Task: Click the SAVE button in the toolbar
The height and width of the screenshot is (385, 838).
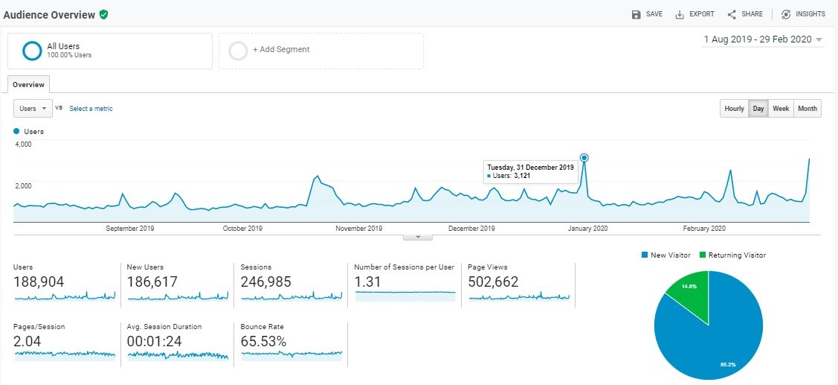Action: point(647,14)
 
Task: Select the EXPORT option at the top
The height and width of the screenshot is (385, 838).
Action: point(694,14)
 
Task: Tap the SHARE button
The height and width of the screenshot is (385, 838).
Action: point(745,14)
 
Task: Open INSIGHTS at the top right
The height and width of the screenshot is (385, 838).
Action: point(803,14)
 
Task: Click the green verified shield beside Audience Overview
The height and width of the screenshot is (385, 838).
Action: point(103,14)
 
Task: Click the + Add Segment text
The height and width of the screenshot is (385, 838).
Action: point(281,49)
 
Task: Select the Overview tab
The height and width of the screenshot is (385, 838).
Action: point(28,85)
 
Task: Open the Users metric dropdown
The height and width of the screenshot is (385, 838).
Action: point(33,108)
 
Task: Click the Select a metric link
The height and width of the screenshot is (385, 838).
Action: point(91,108)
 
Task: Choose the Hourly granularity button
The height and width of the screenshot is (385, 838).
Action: point(735,108)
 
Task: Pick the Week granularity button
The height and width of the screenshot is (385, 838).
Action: point(781,108)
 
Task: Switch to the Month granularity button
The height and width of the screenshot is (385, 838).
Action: point(808,108)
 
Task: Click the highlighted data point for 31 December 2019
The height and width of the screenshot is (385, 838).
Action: point(584,157)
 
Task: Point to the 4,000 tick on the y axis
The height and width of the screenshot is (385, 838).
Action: point(23,144)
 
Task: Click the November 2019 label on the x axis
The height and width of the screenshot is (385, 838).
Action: point(358,229)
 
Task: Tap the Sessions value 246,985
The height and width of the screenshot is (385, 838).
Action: point(265,281)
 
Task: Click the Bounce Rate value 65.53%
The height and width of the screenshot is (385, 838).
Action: point(263,341)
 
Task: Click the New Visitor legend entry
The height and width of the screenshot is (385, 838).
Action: point(666,255)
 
